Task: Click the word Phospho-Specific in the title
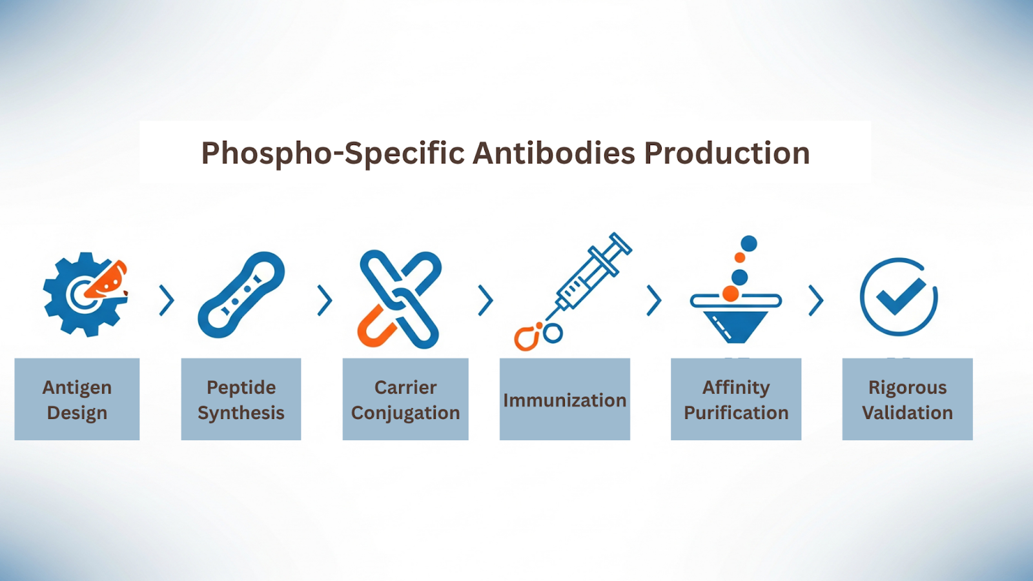(332, 153)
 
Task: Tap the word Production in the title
(727, 153)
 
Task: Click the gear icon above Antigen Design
(85, 294)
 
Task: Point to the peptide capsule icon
(241, 294)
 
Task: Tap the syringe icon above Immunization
(591, 277)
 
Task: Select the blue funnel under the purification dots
(736, 326)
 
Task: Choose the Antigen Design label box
(77, 400)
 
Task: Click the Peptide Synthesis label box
(241, 400)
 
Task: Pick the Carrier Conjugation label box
(405, 400)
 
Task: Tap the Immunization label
(565, 400)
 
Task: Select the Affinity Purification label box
(736, 400)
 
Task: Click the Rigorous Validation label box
(908, 400)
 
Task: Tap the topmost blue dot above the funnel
(749, 243)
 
